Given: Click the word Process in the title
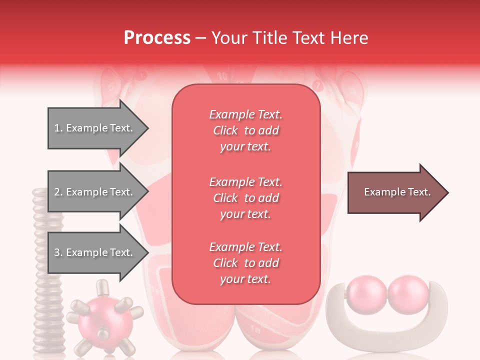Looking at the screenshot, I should coord(157,37).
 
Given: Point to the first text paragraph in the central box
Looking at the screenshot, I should coord(245,130).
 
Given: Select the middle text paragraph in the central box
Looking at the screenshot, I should coord(245,198).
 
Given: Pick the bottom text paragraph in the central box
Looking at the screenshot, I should coord(245,263).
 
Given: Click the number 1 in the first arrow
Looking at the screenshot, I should coord(57,128).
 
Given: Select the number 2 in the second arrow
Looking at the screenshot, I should coord(57,192).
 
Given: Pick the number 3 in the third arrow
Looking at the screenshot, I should coord(57,253).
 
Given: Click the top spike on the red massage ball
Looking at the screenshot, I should coord(102,287).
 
